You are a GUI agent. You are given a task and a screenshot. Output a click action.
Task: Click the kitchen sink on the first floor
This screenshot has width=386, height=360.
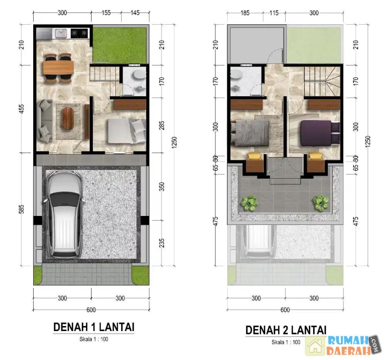click(x=61, y=33)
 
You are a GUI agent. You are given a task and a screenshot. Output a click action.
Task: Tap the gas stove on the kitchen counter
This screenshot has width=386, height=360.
click(x=80, y=33)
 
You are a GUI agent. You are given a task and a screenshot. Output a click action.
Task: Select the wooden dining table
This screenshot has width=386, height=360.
click(x=58, y=67)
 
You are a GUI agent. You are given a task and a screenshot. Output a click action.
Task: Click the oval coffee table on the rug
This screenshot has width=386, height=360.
click(x=68, y=119)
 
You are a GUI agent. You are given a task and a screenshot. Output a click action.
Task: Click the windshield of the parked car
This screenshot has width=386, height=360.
click(x=64, y=199)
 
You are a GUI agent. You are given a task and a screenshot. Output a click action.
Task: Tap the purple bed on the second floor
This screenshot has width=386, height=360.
click(x=320, y=133)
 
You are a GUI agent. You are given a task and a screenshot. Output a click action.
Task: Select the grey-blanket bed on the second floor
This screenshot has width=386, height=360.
click(x=250, y=133)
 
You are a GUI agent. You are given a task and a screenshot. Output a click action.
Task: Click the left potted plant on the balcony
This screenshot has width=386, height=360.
click(x=249, y=203)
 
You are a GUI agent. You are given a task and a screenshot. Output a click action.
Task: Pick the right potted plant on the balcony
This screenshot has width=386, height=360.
click(x=320, y=203)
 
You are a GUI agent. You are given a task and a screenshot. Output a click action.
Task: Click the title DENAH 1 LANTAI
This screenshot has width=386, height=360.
click(x=94, y=327)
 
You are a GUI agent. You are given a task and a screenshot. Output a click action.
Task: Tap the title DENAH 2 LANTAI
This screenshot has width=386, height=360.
click(x=286, y=330)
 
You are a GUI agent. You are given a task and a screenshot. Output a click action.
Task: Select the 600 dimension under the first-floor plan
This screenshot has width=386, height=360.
click(x=91, y=310)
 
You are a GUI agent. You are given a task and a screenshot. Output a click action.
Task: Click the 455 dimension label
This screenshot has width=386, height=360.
click(x=22, y=109)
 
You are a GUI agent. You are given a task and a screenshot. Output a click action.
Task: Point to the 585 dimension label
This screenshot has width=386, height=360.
click(x=22, y=209)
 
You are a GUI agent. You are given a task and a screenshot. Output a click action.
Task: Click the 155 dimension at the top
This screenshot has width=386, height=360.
click(x=106, y=13)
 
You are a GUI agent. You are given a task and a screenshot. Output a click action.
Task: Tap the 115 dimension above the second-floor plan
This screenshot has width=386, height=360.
click(x=274, y=13)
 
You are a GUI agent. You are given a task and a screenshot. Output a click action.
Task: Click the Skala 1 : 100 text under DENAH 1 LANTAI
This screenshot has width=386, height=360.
click(x=94, y=339)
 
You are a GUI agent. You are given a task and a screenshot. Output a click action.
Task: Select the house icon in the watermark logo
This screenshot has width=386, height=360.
click(x=315, y=346)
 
